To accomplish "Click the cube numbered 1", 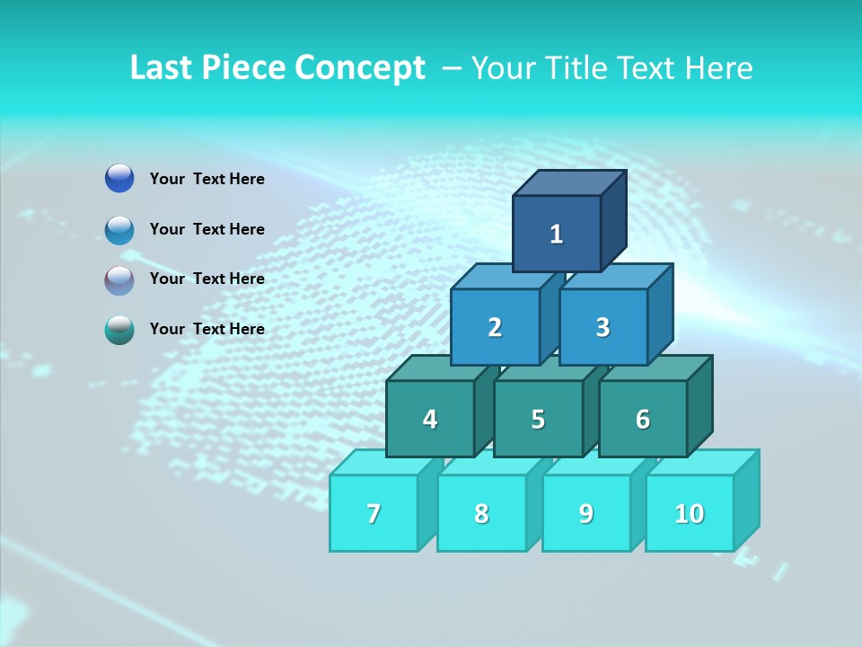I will (557, 234).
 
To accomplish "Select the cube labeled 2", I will (495, 327).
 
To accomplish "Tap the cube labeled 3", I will (603, 327).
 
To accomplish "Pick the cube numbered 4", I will (430, 419).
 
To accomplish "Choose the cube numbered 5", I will (538, 419).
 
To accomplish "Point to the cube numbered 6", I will (643, 419).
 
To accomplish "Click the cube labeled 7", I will (374, 513).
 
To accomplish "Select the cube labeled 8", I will (481, 513).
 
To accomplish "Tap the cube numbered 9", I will (586, 513).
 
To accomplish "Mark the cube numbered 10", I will (690, 513).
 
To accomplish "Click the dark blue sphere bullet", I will (119, 179).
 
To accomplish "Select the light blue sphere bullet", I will (119, 229).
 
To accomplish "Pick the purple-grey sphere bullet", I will (119, 279).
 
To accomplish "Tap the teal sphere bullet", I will (119, 330).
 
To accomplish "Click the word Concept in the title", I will (360, 68).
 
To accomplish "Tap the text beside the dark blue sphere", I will (207, 179).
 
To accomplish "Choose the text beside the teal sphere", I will (207, 329).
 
